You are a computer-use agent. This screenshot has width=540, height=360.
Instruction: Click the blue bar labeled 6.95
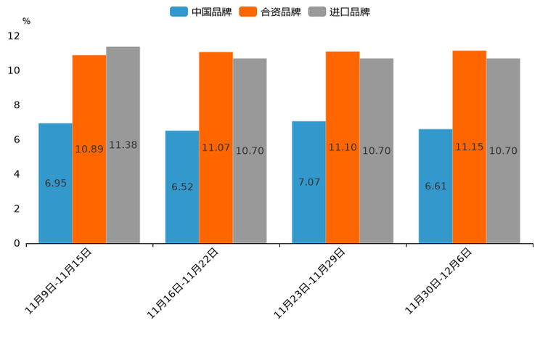pyautogui.click(x=55, y=183)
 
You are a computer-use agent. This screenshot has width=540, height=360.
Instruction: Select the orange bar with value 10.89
pyautogui.click(x=89, y=149)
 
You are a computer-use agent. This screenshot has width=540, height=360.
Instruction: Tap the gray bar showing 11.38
pyautogui.click(x=123, y=144)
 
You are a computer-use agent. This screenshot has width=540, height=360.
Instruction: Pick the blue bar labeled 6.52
pyautogui.click(x=182, y=187)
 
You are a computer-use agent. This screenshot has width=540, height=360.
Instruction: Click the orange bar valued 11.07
pyautogui.click(x=216, y=147)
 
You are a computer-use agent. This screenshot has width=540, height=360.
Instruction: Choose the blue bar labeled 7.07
pyautogui.click(x=308, y=181)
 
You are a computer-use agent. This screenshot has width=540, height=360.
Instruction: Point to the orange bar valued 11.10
pyautogui.click(x=343, y=147)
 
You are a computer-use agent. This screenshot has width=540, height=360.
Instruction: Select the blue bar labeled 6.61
pyautogui.click(x=435, y=186)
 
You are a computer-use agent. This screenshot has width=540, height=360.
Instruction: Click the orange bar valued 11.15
pyautogui.click(x=469, y=147)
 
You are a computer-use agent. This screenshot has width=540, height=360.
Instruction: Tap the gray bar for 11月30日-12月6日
pyautogui.click(x=503, y=150)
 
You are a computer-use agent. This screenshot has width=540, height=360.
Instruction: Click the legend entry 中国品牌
pyautogui.click(x=201, y=12)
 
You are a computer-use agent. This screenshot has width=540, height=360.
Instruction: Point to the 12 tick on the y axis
pyautogui.click(x=14, y=36)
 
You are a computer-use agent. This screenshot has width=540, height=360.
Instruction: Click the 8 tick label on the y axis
pyautogui.click(x=17, y=105)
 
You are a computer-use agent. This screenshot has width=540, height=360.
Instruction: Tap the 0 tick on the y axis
pyautogui.click(x=17, y=243)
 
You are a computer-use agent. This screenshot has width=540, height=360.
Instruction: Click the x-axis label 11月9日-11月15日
pyautogui.click(x=60, y=281)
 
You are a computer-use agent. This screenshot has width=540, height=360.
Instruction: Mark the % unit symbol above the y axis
pyautogui.click(x=26, y=21)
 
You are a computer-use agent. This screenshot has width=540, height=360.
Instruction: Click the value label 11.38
pyautogui.click(x=123, y=145)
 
